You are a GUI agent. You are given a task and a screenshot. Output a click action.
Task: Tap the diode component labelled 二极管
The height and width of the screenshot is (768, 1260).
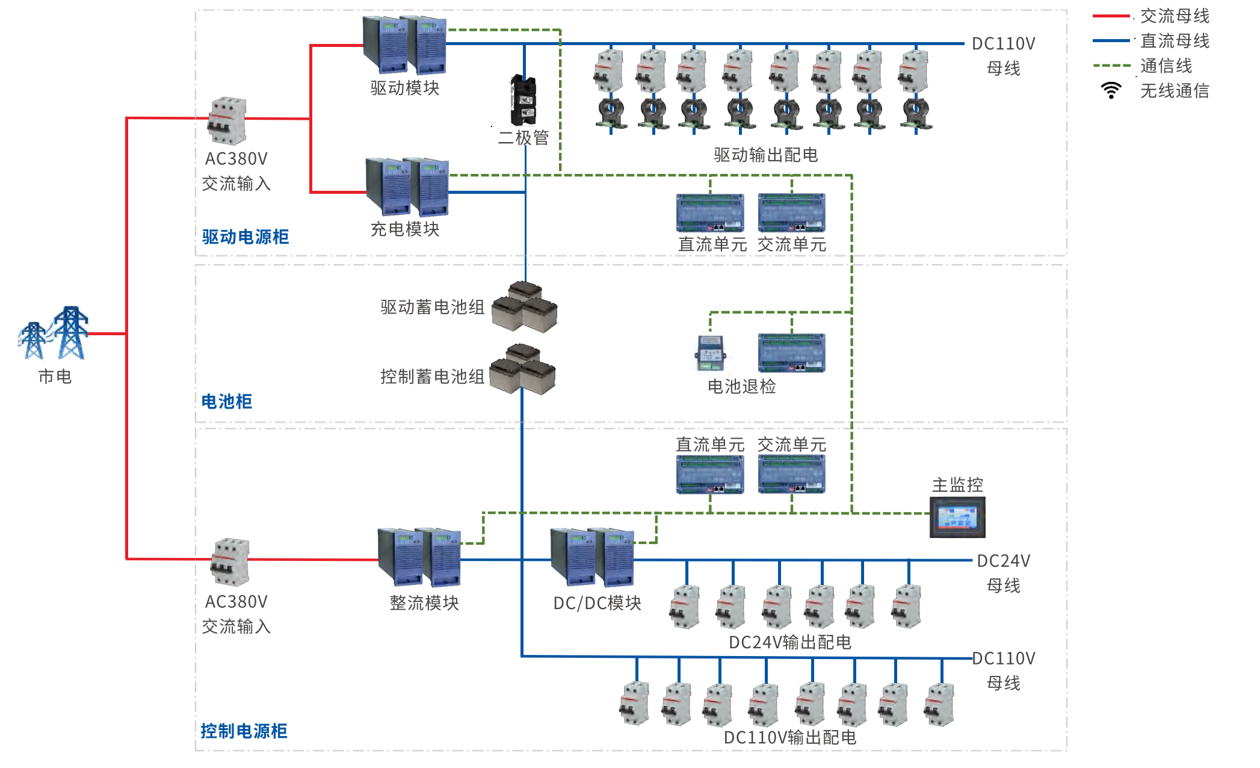523,100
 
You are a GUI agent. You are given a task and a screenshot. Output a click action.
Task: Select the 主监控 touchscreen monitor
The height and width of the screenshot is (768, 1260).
957,517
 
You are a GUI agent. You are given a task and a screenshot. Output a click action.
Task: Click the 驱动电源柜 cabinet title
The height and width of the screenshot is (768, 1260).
246,237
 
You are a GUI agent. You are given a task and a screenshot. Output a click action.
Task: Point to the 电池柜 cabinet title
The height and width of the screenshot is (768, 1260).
227,401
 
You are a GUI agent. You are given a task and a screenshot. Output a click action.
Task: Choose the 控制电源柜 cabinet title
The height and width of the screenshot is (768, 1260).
244,731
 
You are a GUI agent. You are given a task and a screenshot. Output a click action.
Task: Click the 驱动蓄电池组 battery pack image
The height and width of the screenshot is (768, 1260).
525,308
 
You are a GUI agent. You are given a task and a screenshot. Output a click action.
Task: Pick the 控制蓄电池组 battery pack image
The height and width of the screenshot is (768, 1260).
522,369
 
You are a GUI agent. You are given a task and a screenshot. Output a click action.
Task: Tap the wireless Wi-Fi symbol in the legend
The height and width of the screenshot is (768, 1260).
1111,90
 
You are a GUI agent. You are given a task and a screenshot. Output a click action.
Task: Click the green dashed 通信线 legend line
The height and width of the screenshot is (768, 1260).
1112,66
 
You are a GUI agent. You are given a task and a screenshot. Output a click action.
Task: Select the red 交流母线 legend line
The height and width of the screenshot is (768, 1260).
1112,16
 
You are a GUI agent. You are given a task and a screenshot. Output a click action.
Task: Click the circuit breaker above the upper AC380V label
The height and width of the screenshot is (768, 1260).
227,120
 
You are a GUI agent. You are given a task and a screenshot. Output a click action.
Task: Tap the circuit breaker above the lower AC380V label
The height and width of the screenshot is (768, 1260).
230,562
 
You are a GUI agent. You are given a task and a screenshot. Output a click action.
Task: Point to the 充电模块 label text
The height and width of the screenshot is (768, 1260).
405,229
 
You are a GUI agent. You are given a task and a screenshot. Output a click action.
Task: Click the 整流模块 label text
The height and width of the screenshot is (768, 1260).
424,602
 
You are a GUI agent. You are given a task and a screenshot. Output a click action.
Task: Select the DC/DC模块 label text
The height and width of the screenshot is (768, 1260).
597,602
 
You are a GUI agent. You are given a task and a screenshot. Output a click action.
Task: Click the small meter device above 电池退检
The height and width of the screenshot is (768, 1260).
711,353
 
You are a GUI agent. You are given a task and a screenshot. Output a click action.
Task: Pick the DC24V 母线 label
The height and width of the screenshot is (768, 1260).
1003,572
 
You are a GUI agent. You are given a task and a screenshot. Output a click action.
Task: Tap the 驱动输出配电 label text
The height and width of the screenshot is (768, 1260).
765,155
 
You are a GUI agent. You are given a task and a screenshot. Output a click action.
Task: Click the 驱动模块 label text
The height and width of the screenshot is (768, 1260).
405,88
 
